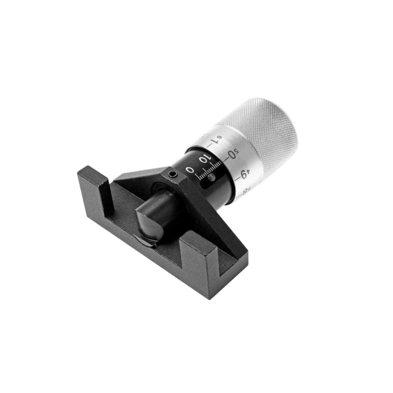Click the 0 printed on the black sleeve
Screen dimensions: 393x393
(190, 169)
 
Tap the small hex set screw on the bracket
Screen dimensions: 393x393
(172, 176)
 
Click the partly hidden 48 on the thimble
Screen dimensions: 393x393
(245, 191)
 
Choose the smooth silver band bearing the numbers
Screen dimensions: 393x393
(225, 154)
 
